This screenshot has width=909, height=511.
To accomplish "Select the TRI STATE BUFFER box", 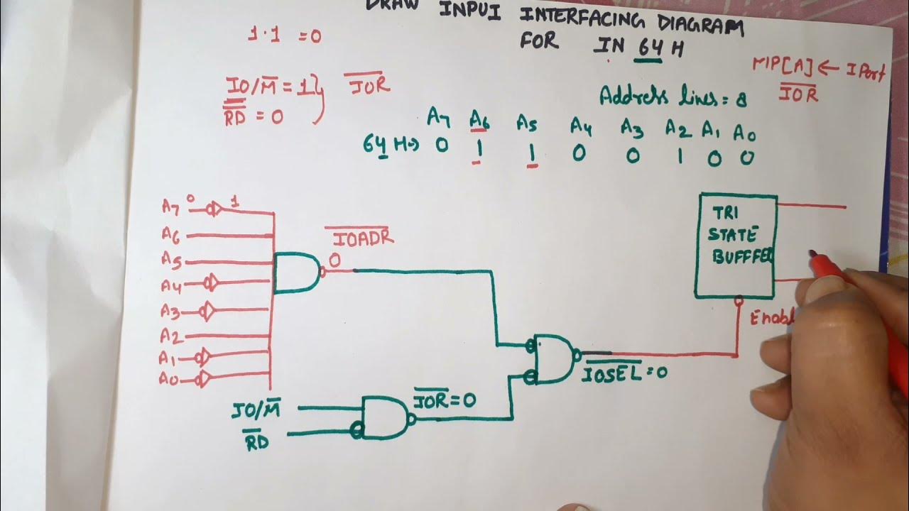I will (736, 245).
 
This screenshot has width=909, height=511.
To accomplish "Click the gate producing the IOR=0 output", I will (386, 417).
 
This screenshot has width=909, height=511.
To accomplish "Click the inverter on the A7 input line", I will (212, 210).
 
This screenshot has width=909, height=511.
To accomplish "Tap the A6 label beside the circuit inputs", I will (170, 233).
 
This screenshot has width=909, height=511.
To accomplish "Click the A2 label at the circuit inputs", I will (169, 334).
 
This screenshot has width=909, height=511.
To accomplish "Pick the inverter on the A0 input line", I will (203, 379).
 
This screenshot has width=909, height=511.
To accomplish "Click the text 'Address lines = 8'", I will (672, 97).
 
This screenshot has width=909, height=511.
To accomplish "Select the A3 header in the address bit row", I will (631, 128).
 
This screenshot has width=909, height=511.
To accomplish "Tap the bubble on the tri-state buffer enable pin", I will (739, 301).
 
